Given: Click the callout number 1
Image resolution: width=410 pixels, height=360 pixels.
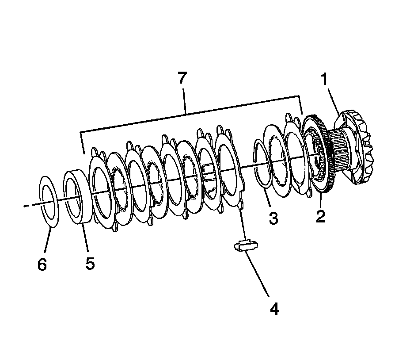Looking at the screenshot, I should (x=325, y=80).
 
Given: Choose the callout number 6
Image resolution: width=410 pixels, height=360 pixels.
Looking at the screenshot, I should (x=42, y=264).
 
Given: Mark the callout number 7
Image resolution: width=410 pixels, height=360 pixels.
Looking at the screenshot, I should (x=182, y=78).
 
